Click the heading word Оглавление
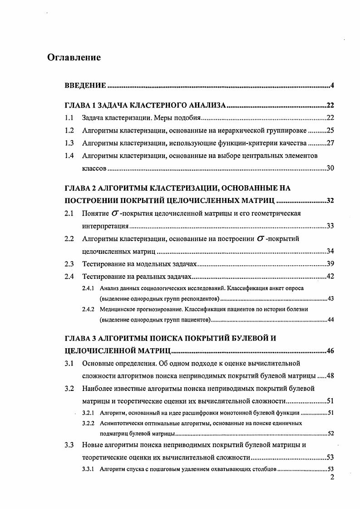click(x=74, y=58)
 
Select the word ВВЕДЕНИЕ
click(x=86, y=85)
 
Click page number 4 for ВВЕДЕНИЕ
click(x=332, y=85)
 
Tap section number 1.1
click(x=69, y=118)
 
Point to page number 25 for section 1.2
click(x=330, y=131)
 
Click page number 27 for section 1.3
click(x=330, y=143)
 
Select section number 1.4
click(x=69, y=156)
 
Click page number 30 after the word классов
click(x=330, y=168)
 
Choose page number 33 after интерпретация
click(x=330, y=226)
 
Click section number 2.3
click(x=69, y=264)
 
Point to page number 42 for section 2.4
click(x=330, y=277)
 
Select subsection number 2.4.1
click(x=88, y=288)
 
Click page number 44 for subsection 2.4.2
click(x=330, y=320)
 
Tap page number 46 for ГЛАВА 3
click(x=330, y=351)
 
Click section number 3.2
click(x=69, y=389)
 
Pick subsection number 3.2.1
click(x=88, y=413)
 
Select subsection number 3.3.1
click(x=88, y=469)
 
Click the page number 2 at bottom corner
click(x=332, y=477)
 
